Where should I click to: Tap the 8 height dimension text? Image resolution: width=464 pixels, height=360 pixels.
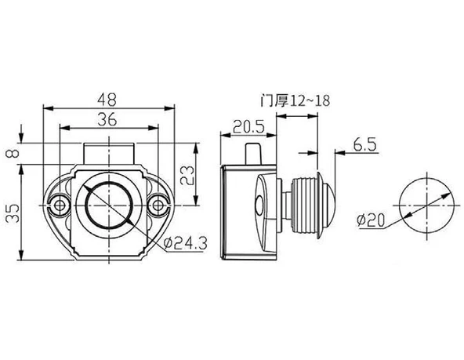pyautogui.click(x=11, y=152)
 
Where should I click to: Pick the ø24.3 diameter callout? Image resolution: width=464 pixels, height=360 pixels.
pyautogui.click(x=185, y=244)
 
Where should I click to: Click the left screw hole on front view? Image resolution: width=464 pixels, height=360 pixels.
pyautogui.click(x=60, y=205)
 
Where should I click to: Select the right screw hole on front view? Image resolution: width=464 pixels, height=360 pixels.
pyautogui.click(x=159, y=205)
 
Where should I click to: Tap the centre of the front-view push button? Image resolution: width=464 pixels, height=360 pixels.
pyautogui.click(x=109, y=205)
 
